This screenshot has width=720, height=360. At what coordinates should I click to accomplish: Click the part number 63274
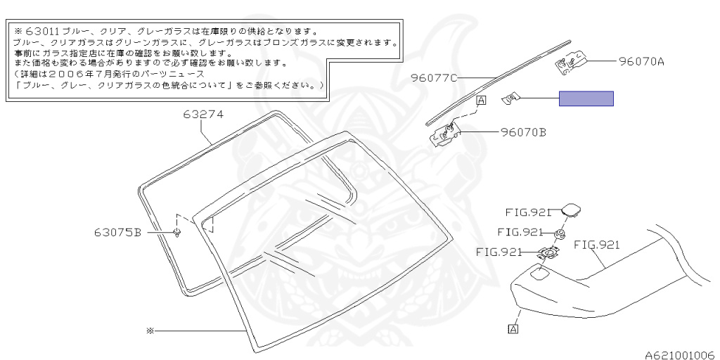204,112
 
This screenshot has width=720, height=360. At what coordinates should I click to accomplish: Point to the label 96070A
641,61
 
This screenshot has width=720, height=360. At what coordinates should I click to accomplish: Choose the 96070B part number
523,131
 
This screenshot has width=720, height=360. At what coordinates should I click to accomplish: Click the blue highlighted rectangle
586,98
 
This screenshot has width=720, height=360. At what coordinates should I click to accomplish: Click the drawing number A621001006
680,354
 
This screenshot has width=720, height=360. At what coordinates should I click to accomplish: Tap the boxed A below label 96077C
481,101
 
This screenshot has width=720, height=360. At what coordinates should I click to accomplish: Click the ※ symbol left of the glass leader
149,329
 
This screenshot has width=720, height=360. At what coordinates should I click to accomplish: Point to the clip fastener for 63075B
177,232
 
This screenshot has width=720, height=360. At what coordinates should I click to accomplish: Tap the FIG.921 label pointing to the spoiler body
596,244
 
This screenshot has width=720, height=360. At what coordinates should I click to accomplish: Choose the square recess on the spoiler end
541,274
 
